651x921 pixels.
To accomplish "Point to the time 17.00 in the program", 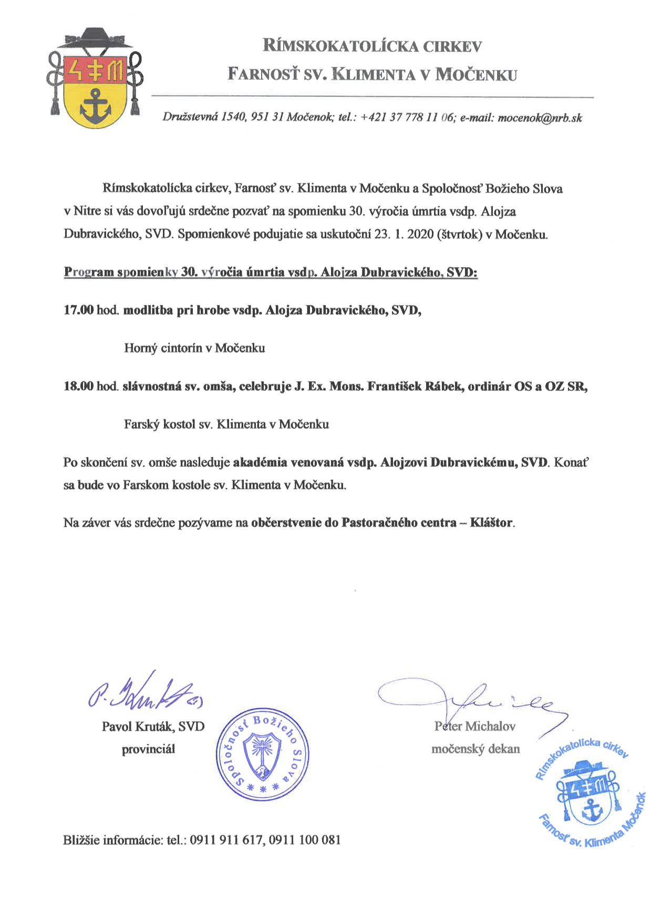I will [78, 310].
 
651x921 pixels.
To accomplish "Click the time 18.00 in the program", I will [78, 386].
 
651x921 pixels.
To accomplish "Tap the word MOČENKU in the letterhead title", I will [477, 75].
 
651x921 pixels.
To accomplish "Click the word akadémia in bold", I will [259, 463].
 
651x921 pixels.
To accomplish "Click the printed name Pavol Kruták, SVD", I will [153, 726].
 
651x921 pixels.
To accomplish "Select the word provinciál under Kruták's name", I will [148, 749].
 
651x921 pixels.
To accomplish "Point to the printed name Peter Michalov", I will [475, 726].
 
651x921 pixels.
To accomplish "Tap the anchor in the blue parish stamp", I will [593, 808].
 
